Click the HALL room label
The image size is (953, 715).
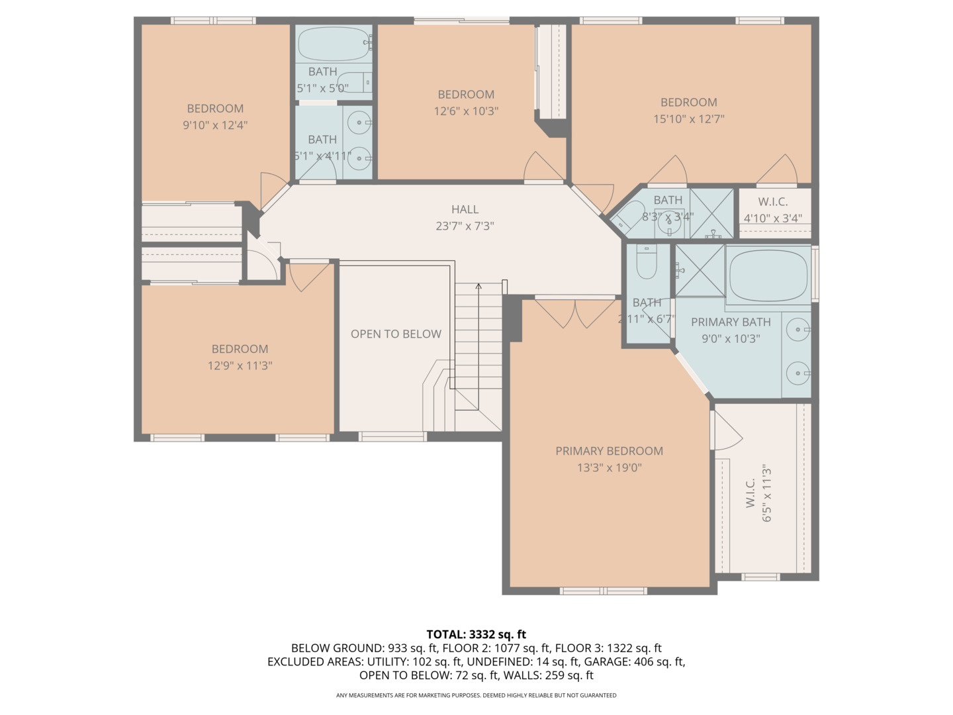465,209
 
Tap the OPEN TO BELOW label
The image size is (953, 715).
396,334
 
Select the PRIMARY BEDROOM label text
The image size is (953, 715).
609,451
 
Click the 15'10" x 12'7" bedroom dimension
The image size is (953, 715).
688,119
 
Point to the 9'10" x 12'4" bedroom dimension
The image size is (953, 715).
215,125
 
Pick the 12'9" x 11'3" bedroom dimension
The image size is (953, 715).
240,365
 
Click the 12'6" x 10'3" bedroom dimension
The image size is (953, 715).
466,111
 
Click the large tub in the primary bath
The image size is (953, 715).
768,274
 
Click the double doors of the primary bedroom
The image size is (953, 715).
574,313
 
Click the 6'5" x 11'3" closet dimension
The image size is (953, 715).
767,493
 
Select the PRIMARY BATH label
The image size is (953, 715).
731,322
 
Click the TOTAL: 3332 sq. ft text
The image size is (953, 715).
476,634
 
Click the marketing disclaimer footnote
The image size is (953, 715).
476,695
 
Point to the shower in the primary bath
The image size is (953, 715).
700,271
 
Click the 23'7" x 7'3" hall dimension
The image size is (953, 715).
465,226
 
